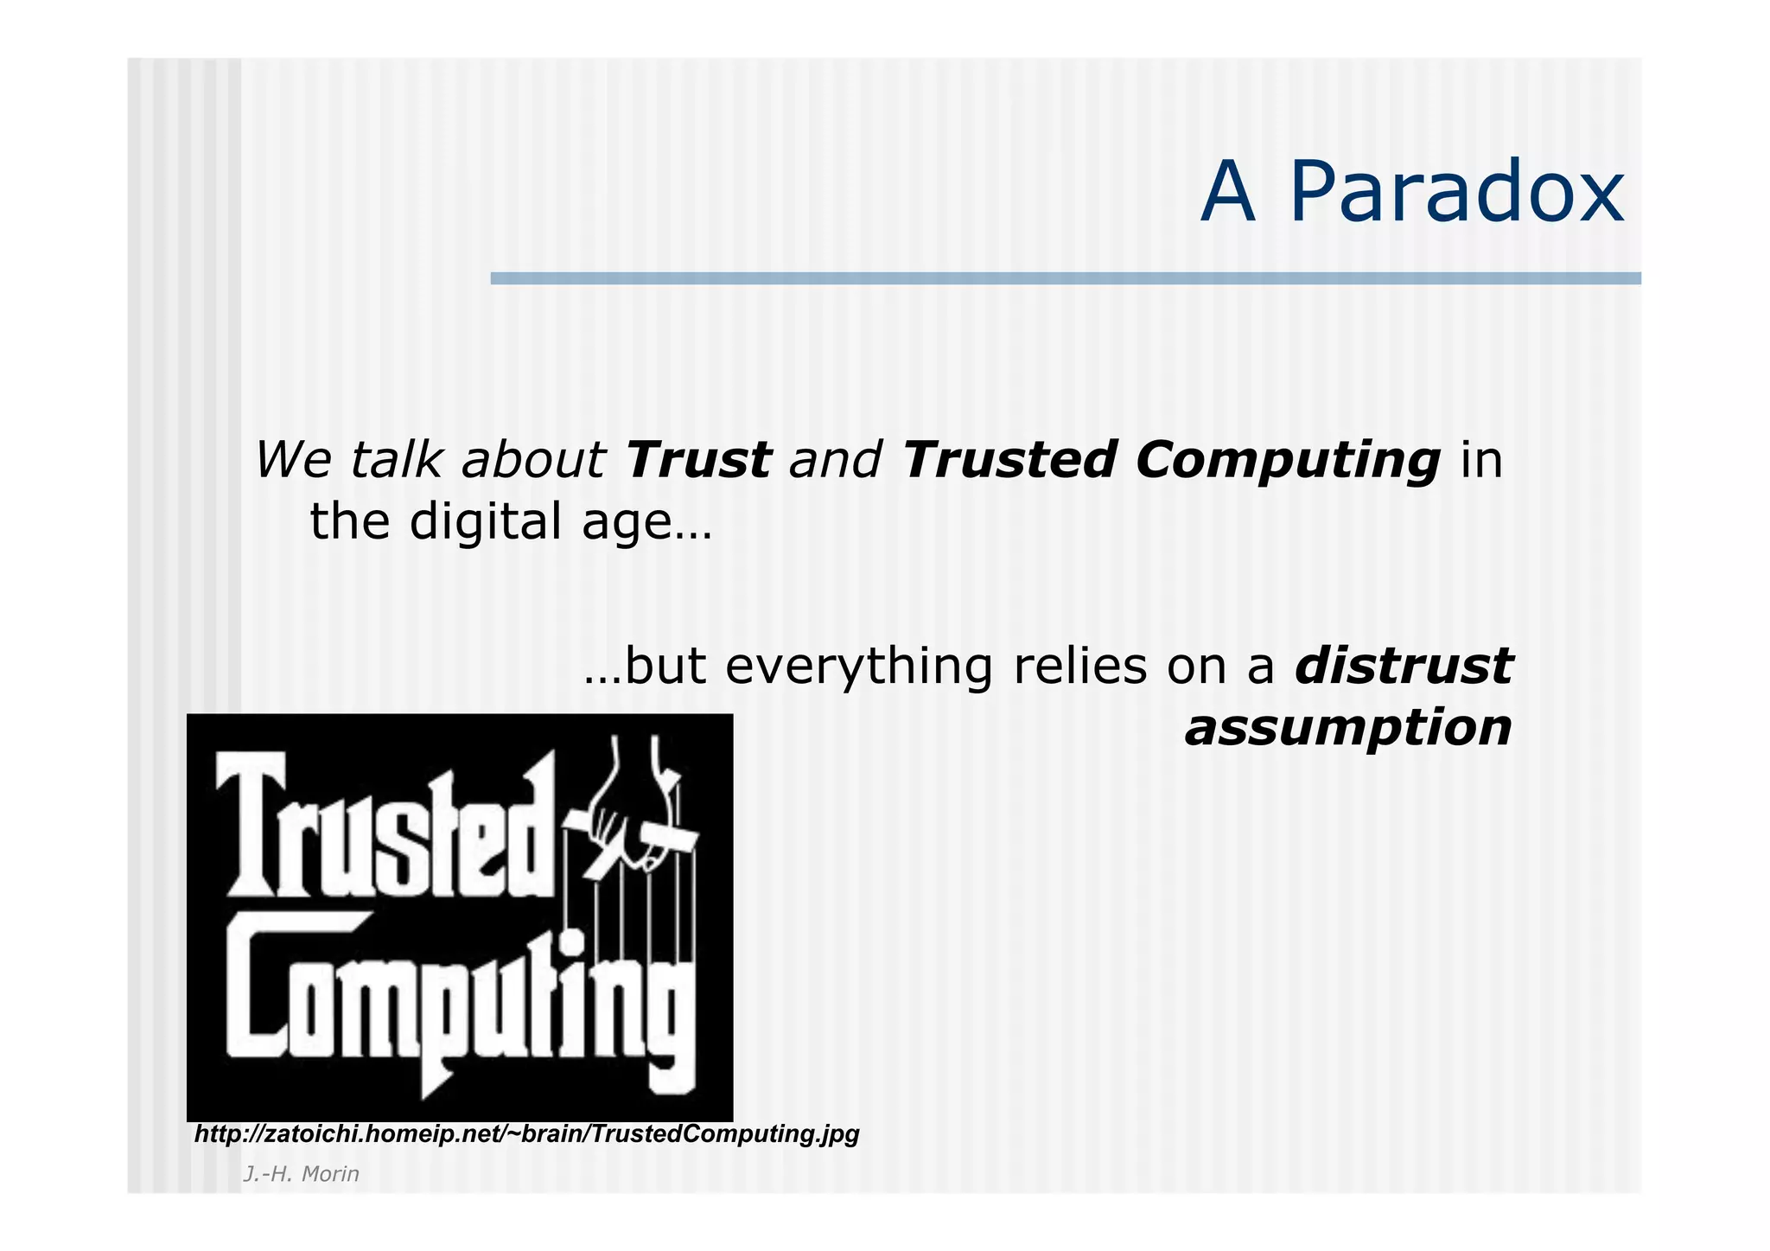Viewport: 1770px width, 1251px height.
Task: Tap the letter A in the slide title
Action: tap(1227, 193)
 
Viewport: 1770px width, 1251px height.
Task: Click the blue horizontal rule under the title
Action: tap(1065, 278)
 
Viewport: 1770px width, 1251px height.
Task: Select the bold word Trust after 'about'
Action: tap(697, 459)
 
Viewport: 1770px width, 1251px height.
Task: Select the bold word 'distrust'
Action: tap(1404, 666)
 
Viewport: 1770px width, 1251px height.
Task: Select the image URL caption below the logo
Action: tap(526, 1134)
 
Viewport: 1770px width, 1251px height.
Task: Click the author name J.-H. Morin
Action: tap(301, 1174)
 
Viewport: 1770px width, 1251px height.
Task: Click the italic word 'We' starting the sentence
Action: tap(292, 459)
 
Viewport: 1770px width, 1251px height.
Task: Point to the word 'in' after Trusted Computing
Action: tap(1481, 459)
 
